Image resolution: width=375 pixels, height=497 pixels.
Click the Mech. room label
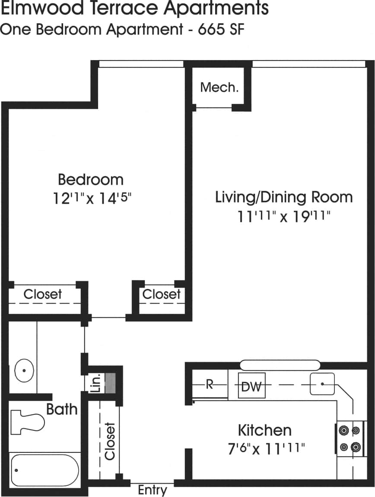click(x=219, y=87)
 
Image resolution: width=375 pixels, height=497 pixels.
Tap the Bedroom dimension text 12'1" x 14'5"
click(x=92, y=198)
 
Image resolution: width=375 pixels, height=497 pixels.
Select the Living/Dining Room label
click(x=284, y=197)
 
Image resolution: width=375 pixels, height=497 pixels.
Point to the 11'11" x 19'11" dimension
click(x=284, y=216)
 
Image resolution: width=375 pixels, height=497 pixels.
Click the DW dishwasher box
click(x=251, y=386)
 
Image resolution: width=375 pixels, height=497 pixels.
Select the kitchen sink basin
click(x=322, y=384)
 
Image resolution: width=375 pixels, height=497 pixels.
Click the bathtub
click(x=44, y=470)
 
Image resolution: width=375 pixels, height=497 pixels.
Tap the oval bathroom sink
click(x=24, y=371)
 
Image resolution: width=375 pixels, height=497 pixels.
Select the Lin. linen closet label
click(x=96, y=383)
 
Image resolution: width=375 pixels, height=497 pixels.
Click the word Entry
click(x=152, y=490)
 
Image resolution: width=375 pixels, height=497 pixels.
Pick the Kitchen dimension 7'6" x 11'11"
click(x=265, y=449)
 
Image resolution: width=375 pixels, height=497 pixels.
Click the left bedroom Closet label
click(x=42, y=294)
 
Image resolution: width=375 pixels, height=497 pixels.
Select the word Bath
click(x=62, y=409)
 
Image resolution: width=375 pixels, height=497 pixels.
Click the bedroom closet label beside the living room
click(x=161, y=294)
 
